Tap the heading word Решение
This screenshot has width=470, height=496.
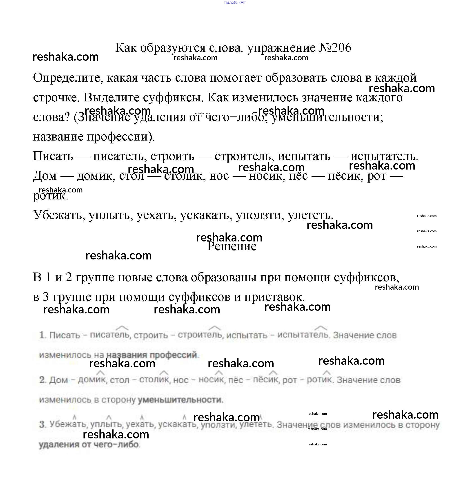click(x=232, y=246)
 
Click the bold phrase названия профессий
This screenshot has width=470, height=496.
click(x=152, y=355)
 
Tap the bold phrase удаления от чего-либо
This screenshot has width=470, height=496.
click(x=89, y=444)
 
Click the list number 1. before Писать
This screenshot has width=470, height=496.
click(x=42, y=335)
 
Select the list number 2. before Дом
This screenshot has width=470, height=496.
click(x=42, y=380)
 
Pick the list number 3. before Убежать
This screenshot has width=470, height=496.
click(x=42, y=425)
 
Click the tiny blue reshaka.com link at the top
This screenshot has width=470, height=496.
click(x=235, y=2)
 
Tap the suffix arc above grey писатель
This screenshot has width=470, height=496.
click(x=122, y=328)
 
